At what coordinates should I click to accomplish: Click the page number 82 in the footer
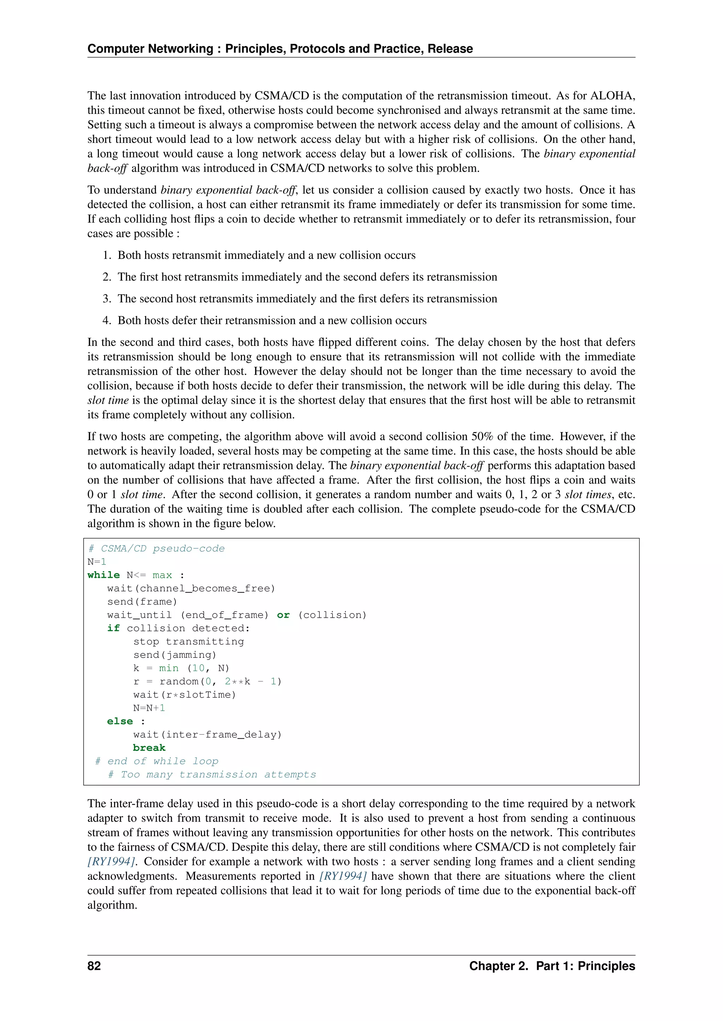(94, 966)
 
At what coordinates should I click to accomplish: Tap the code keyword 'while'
(104, 575)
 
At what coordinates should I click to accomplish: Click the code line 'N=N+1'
(149, 708)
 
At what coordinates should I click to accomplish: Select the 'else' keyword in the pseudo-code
(120, 721)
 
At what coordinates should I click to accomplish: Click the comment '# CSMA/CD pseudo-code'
(156, 548)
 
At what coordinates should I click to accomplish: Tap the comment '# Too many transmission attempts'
(212, 775)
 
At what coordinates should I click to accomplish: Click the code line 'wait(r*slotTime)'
(184, 695)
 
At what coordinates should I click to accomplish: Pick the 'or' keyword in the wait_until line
(283, 615)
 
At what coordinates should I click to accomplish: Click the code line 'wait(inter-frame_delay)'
(208, 735)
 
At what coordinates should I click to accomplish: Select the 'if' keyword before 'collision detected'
(113, 628)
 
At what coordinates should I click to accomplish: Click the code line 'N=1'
(97, 562)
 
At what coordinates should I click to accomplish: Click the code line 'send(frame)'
(142, 602)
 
